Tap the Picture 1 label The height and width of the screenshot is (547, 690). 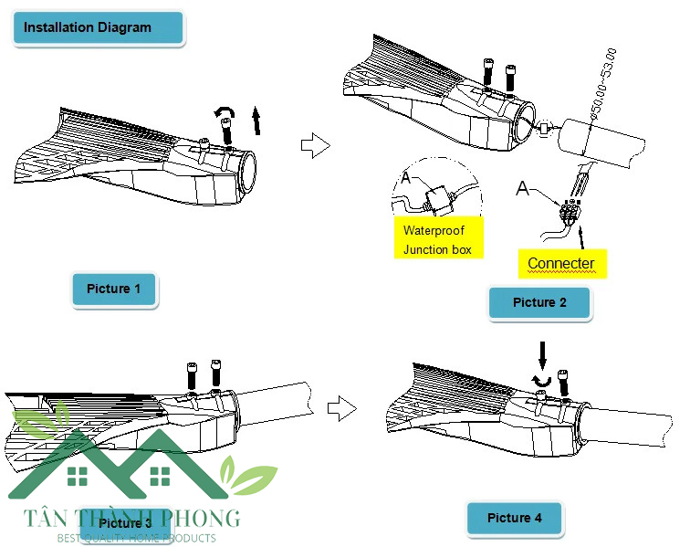point(114,289)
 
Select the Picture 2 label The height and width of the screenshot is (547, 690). point(539,302)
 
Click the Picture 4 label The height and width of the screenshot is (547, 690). point(514,518)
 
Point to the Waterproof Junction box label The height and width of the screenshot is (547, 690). point(437,239)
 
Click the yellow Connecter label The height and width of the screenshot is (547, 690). point(560,263)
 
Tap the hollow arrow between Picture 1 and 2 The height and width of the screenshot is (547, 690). point(313,144)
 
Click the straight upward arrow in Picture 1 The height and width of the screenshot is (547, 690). point(257,120)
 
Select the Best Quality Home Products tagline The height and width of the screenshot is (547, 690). point(136,538)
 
